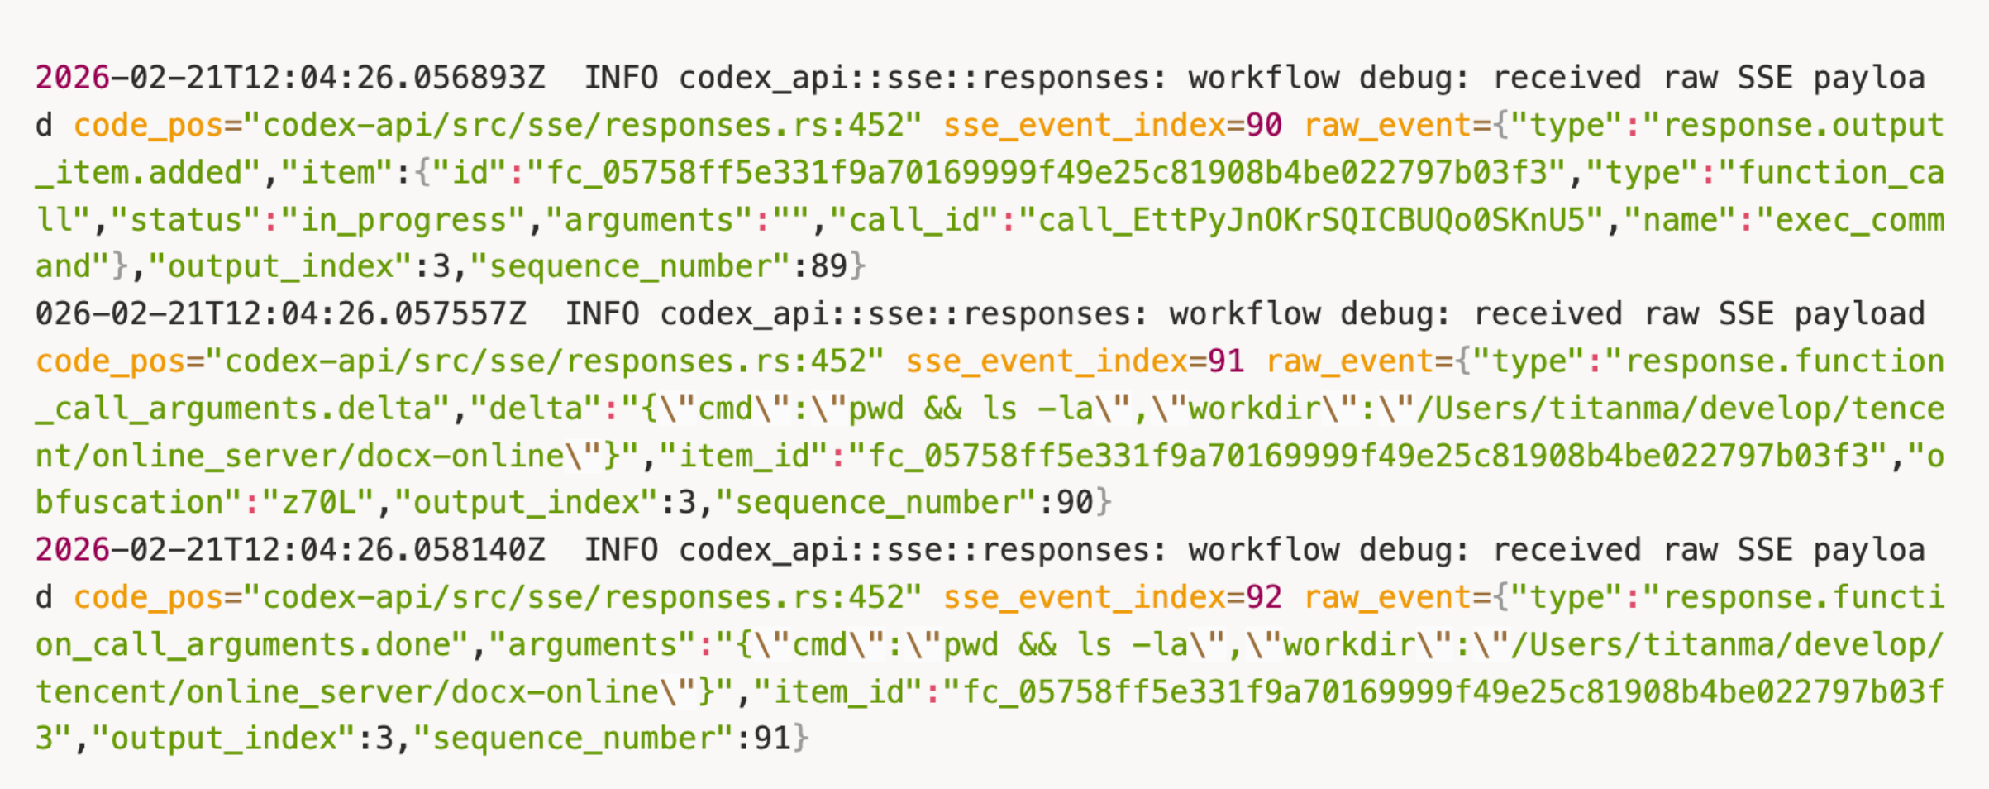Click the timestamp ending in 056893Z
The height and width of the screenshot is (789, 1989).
tap(290, 78)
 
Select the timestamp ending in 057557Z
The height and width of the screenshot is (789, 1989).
tap(280, 314)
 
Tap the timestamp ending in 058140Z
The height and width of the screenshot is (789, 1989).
tap(290, 550)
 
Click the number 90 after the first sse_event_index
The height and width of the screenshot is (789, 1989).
tap(1264, 125)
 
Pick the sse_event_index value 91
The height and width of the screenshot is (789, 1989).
tap(1226, 361)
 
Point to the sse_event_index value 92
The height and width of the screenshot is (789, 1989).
tap(1264, 597)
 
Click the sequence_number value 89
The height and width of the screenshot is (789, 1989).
tap(829, 266)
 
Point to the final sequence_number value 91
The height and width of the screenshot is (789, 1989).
tap(772, 739)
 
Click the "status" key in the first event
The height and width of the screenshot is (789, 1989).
tap(186, 220)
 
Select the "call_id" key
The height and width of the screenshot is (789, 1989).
tap(914, 220)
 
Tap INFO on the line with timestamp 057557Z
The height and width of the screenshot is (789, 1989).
tap(602, 314)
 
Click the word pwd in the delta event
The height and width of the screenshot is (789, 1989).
tap(876, 409)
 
